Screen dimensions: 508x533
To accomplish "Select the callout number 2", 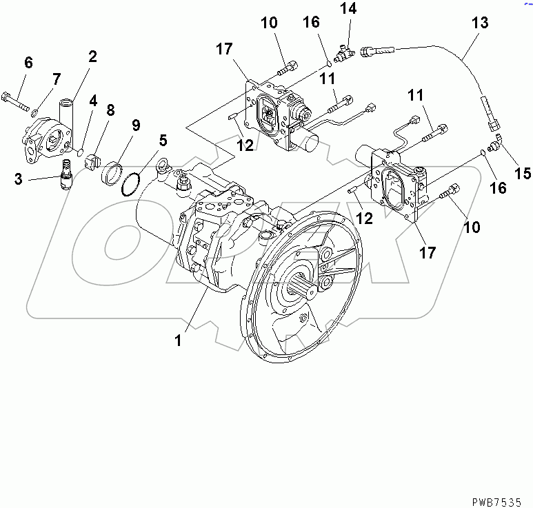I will coord(92,57).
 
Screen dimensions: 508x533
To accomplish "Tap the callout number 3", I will coord(19,180).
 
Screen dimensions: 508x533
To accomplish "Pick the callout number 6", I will coord(162,141).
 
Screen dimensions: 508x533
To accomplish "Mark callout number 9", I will coord(28,63).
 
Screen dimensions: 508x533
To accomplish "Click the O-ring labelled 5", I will coord(130,185).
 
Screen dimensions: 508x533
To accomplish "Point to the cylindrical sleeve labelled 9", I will coord(112,172).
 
